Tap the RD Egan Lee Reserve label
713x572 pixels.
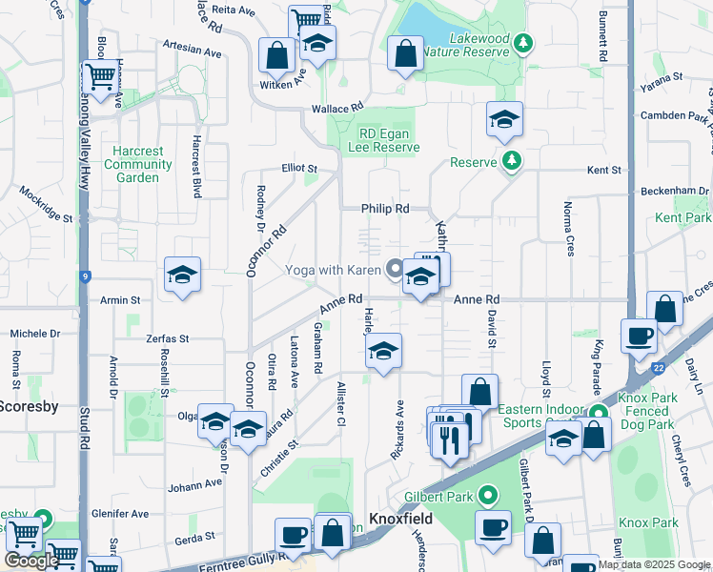(x=389, y=141)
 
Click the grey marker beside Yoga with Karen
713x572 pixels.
(x=395, y=270)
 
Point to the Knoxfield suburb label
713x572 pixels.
(x=401, y=519)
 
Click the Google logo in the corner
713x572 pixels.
(x=31, y=561)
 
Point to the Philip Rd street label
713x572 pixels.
(x=384, y=208)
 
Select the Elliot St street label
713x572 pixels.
(x=298, y=169)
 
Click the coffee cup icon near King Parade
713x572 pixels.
(x=639, y=334)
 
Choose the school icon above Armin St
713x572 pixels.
(x=182, y=275)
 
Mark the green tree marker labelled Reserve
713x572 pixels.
(x=513, y=160)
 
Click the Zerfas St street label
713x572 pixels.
(x=168, y=338)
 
